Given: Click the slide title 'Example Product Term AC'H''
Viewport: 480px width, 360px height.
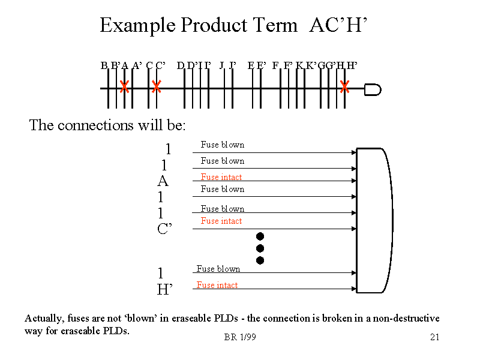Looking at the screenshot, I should coord(233,25).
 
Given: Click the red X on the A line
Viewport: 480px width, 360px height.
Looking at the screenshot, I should coord(124,87).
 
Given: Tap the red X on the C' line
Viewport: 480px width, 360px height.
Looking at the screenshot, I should coord(156,87).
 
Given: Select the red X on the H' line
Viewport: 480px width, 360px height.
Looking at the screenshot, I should coord(345,87).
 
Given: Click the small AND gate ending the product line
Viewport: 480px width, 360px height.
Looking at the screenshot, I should coord(373,89).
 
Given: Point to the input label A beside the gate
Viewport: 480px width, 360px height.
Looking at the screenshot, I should coord(163,181).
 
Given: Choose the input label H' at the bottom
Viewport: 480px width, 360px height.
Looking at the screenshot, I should coord(164,289).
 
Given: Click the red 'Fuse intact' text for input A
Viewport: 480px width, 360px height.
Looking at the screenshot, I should coord(221,177).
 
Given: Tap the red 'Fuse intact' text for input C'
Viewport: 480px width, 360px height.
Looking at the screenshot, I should coord(221,221).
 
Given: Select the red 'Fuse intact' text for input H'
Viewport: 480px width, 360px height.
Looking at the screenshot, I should coord(217,285).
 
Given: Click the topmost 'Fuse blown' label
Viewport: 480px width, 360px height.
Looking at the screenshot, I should coord(223,145).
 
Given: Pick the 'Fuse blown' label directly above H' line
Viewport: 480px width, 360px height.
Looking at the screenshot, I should coord(218,269).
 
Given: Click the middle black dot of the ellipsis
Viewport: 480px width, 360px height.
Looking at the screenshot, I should coord(260,248).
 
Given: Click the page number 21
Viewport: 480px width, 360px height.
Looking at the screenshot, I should coord(435,337).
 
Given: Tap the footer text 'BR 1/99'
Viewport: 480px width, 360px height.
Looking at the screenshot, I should coord(240,337).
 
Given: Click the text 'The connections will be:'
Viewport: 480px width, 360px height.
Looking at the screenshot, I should coord(107,125).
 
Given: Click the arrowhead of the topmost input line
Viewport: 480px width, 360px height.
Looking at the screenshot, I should coord(354,153).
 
